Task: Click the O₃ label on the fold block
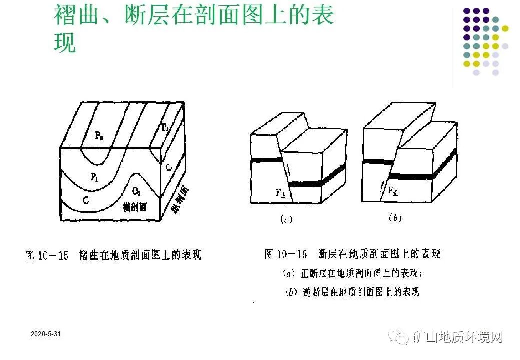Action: point(136,192)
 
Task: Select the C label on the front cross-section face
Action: point(86,200)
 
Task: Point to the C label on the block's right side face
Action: point(169,168)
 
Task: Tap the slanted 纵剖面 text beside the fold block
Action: point(180,200)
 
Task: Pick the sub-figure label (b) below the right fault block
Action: point(394,218)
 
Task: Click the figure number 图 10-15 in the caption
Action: point(48,256)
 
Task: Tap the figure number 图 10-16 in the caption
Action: point(285,254)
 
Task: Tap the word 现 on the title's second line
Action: point(65,44)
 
